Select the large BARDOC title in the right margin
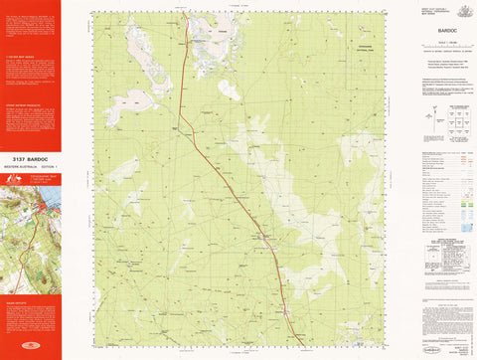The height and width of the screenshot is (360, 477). [x=437, y=30]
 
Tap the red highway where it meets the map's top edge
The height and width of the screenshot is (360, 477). [x=186, y=12]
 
